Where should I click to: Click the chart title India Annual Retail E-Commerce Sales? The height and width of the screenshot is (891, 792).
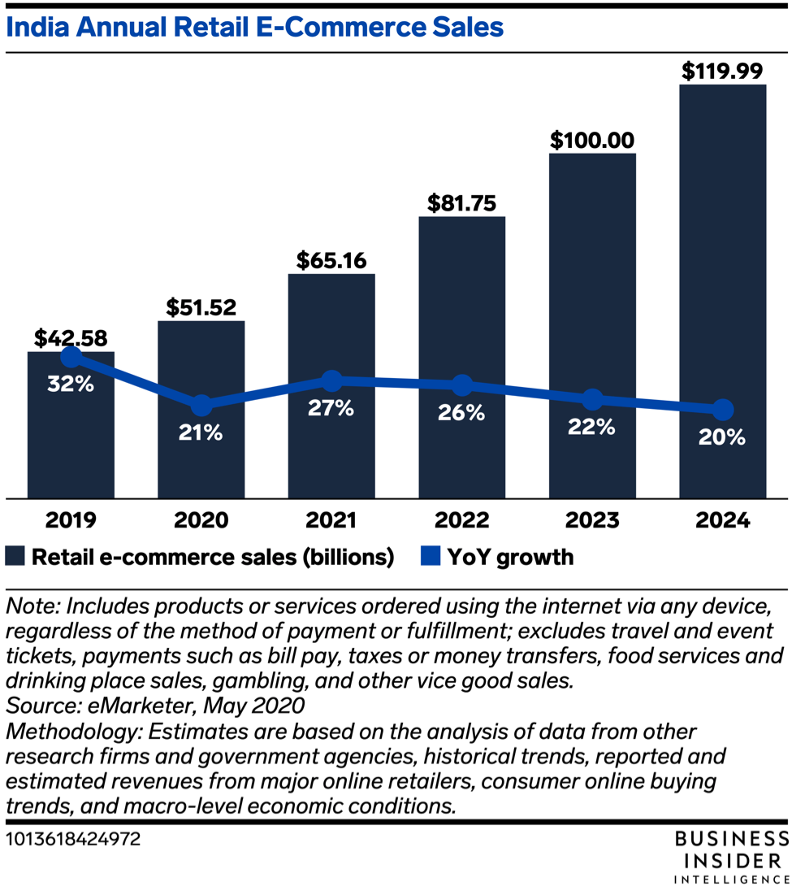coord(255,28)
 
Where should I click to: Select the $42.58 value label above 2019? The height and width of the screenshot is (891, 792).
coord(71,337)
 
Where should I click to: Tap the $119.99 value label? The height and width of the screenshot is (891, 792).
coord(722,71)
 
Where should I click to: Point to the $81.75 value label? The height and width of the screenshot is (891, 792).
coord(461,202)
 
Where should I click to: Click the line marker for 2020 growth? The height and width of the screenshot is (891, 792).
coord(201,404)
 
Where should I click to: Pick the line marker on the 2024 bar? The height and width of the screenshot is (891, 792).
coord(722,410)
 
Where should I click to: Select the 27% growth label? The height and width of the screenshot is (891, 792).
coord(331,408)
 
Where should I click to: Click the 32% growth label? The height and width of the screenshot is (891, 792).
coord(71,384)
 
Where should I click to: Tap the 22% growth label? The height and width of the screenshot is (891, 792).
coord(592,427)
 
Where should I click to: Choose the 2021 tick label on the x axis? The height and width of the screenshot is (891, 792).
coord(331,520)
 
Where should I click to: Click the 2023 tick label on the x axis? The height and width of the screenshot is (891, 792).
coord(592,520)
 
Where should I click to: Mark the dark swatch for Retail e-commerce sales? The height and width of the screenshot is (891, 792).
coord(15,557)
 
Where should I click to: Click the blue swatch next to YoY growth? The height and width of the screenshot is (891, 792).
coord(431,557)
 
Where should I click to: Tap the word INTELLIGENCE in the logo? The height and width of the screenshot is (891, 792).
coord(731,879)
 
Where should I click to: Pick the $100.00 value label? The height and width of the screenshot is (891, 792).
coord(592,139)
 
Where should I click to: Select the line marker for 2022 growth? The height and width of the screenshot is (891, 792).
coord(461,386)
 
